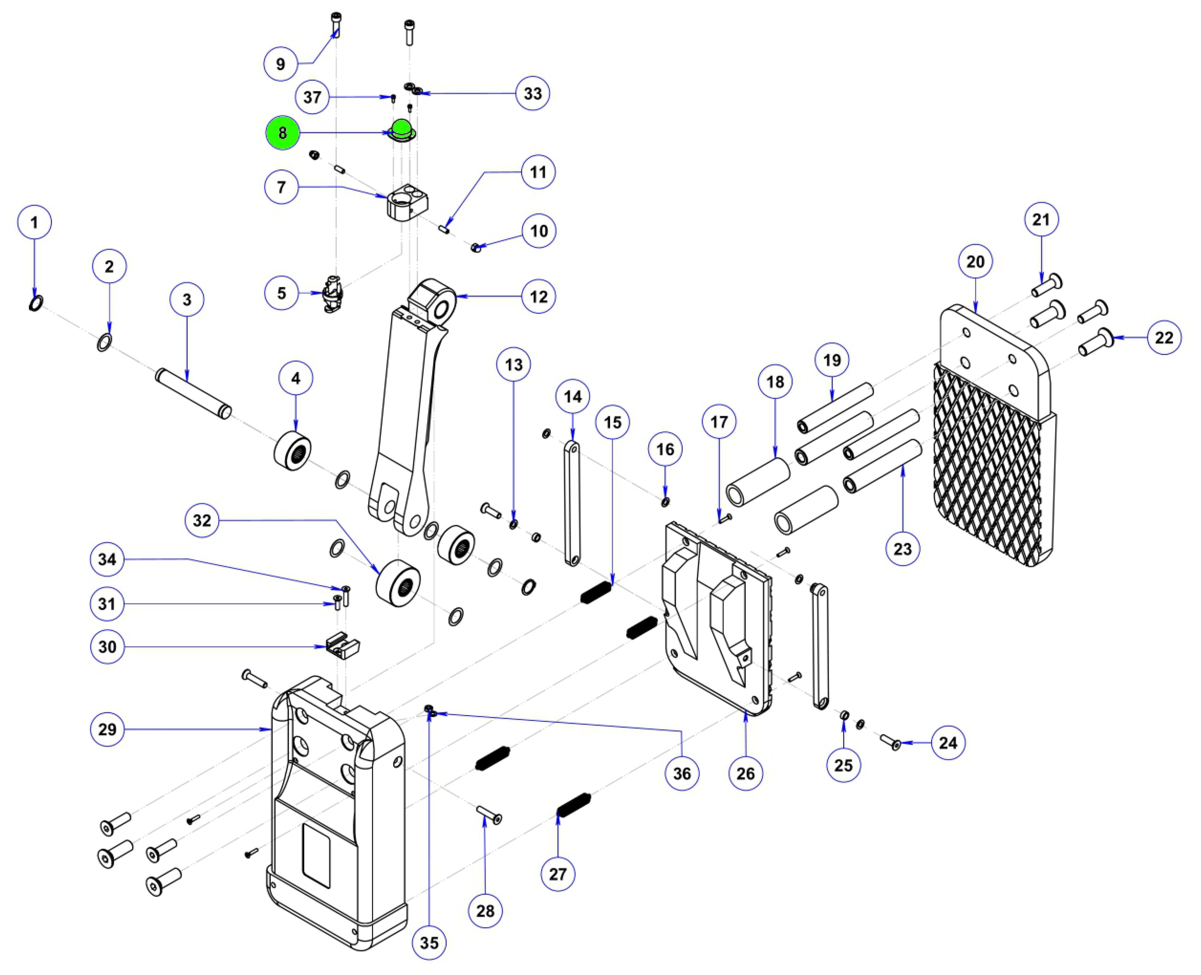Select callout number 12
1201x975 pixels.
coord(538,297)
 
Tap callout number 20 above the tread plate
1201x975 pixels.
coord(975,262)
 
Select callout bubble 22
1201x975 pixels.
coord(1164,337)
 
